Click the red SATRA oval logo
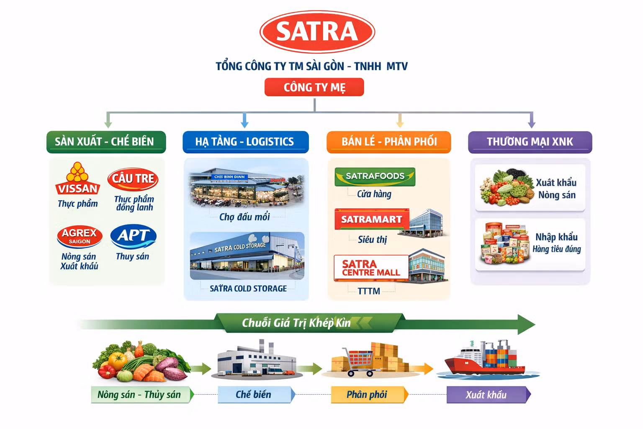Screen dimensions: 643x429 [317, 31]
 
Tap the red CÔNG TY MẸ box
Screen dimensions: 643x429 [314, 87]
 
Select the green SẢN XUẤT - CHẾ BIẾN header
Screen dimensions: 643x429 [106, 142]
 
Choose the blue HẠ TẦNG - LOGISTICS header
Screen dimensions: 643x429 [246, 142]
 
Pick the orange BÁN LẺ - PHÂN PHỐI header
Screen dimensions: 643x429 [389, 142]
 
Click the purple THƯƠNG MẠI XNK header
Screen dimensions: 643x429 [530, 142]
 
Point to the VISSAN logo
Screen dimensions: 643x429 [77, 178]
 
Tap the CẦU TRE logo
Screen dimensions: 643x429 [133, 179]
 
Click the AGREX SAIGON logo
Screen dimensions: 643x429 [80, 236]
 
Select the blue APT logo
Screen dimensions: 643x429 [134, 236]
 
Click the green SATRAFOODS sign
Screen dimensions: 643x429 [375, 177]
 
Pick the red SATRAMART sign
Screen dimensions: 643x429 [372, 219]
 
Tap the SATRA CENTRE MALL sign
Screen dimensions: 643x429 [371, 268]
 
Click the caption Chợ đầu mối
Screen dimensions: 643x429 [244, 217]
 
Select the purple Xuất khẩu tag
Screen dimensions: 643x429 [489, 395]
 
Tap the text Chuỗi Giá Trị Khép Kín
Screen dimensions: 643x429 [296, 323]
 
